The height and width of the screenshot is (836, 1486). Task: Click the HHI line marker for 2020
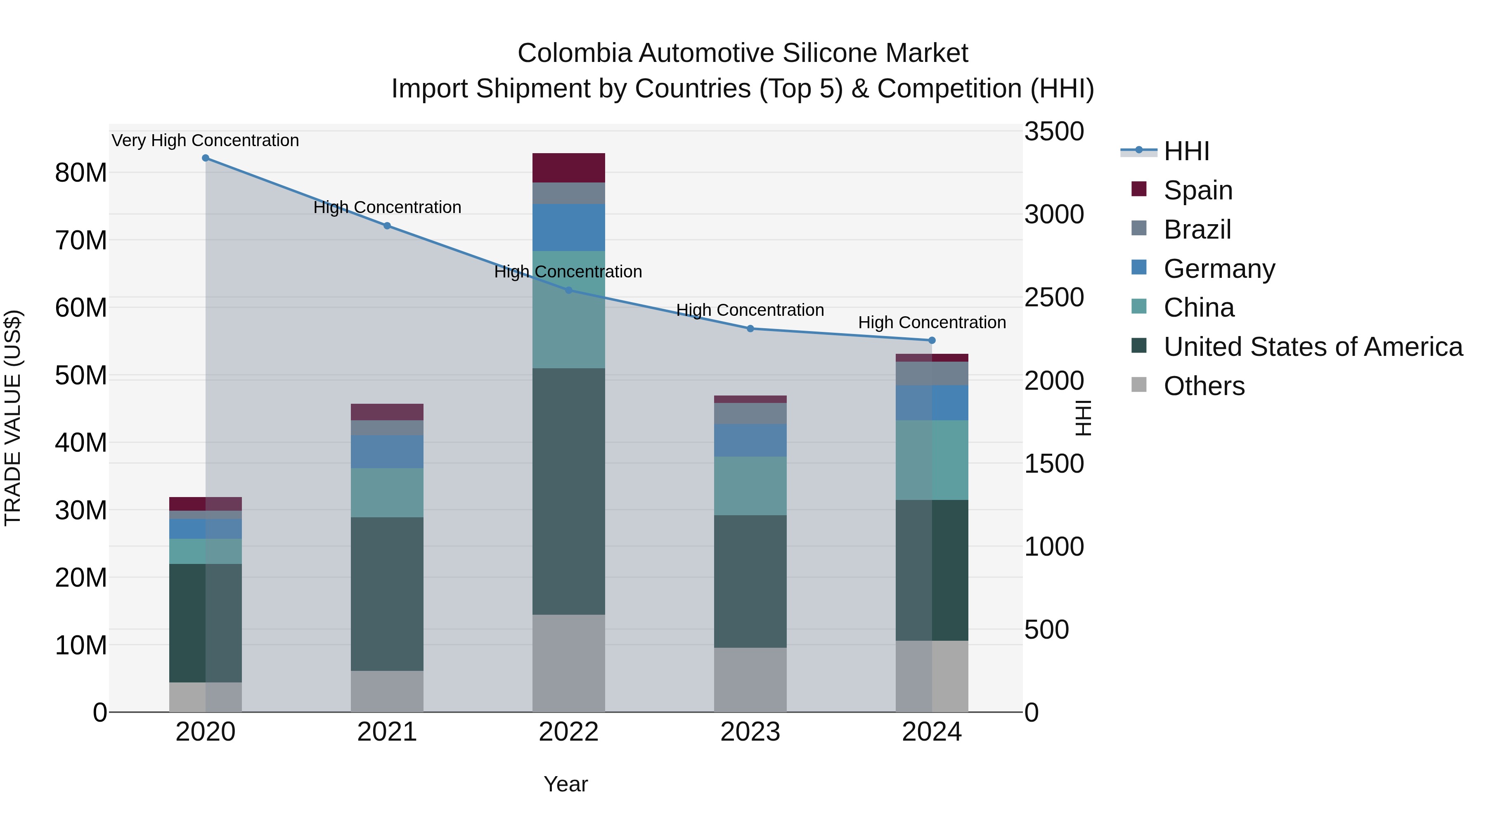[x=206, y=158]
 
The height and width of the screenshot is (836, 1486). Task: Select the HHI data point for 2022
[x=568, y=290]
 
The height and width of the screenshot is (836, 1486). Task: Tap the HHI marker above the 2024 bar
[x=932, y=341]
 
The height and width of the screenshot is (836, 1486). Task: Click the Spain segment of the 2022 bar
[x=568, y=168]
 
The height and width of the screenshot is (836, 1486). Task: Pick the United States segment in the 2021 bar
[x=387, y=594]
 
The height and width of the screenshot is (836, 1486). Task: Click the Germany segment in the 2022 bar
[x=568, y=227]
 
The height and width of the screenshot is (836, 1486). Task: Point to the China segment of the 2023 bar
[x=750, y=486]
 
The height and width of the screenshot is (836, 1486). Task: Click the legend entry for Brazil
[x=1197, y=230]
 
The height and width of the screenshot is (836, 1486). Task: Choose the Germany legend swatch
[x=1139, y=268]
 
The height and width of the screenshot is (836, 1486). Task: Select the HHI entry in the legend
[x=1185, y=151]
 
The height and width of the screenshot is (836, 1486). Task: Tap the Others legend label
[x=1204, y=386]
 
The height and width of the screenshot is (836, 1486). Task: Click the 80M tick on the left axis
[x=81, y=173]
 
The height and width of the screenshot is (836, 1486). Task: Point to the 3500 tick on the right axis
[x=1053, y=132]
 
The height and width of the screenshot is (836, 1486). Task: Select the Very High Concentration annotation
[x=206, y=141]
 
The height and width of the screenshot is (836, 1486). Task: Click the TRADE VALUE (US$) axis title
[x=13, y=418]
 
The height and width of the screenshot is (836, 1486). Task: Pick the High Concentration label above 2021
[x=387, y=208]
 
